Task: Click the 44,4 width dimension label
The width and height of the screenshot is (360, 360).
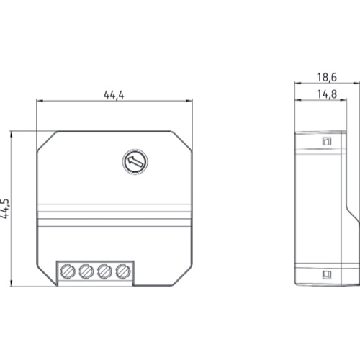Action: coord(114,95)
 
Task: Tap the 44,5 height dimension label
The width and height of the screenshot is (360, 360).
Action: coord(5,209)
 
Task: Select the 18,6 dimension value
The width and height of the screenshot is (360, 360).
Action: coord(327,77)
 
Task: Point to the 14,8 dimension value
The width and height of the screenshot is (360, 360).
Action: coord(327,94)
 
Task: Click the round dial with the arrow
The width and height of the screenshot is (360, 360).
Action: coord(135,161)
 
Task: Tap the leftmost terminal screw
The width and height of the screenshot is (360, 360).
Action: coord(68,271)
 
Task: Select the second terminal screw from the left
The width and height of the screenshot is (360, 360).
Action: coord(86,271)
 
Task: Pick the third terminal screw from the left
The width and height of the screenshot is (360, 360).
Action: coord(104,271)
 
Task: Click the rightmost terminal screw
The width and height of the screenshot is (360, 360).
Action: coord(123,271)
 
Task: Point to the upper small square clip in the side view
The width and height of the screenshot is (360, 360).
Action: coord(327,141)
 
